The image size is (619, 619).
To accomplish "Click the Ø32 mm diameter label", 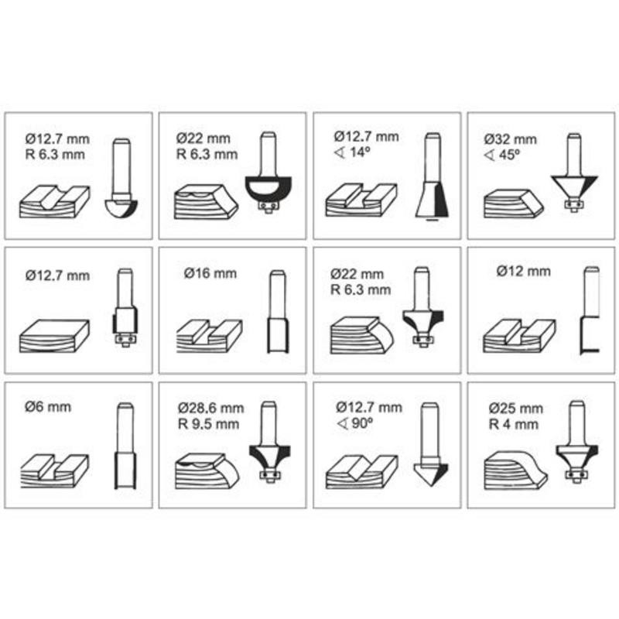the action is pyautogui.click(x=511, y=139).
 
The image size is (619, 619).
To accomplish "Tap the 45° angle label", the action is pyautogui.click(x=501, y=155).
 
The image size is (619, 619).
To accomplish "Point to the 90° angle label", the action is pyautogui.click(x=354, y=423).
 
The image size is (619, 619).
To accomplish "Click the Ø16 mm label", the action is pyautogui.click(x=210, y=273).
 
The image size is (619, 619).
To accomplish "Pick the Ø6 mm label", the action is pyautogui.click(x=48, y=407).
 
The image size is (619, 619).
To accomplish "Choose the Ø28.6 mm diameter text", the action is pyautogui.click(x=210, y=408).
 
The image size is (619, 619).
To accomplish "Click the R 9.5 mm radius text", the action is pyautogui.click(x=208, y=424).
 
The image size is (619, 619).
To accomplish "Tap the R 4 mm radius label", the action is pyautogui.click(x=514, y=424).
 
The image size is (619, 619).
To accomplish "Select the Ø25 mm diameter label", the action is pyautogui.click(x=515, y=409).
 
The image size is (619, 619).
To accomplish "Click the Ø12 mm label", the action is pyautogui.click(x=524, y=272).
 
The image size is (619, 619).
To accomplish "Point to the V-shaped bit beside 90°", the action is pyautogui.click(x=430, y=446).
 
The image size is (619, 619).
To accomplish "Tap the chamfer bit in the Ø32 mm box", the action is pyautogui.click(x=574, y=173).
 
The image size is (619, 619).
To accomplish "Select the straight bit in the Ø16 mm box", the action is pyautogui.click(x=279, y=312).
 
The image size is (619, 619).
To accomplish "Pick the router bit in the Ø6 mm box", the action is pyautogui.click(x=125, y=446).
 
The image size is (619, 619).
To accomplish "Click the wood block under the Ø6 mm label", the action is pyautogui.click(x=54, y=471).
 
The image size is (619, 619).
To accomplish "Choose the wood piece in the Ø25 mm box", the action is pyautogui.click(x=515, y=470).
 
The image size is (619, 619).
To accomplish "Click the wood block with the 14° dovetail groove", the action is pyautogui.click(x=361, y=200).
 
